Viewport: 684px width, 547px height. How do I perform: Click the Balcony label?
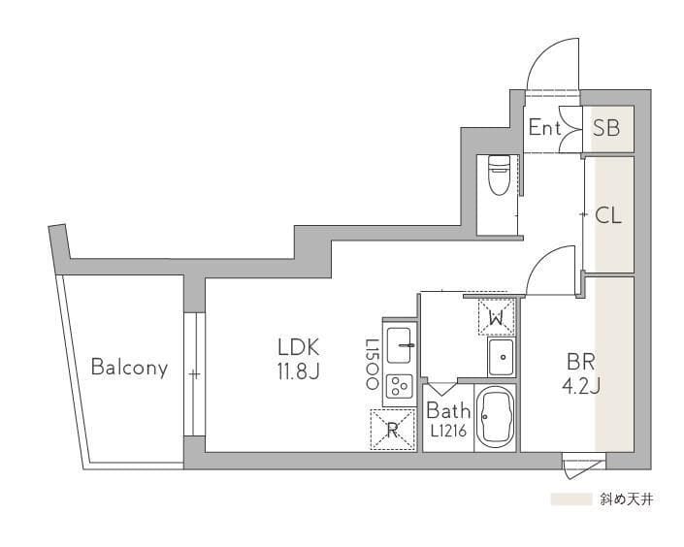[130, 368]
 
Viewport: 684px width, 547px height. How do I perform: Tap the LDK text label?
[299, 347]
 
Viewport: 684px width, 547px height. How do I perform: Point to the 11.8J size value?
[299, 371]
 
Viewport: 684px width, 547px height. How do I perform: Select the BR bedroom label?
[581, 362]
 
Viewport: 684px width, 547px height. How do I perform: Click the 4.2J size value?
[581, 385]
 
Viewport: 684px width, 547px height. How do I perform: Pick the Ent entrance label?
[544, 127]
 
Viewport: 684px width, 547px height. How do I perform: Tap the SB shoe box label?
[606, 128]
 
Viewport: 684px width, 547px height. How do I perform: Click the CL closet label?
[608, 215]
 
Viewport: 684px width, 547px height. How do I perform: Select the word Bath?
[448, 410]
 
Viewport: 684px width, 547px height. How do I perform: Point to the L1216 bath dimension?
[449, 431]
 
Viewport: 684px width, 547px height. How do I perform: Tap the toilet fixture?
[499, 175]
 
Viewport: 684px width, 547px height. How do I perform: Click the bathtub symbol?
[495, 417]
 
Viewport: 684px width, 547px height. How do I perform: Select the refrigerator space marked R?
[392, 430]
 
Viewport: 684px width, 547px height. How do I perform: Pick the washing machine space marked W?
[497, 317]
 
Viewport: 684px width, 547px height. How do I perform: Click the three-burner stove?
[399, 386]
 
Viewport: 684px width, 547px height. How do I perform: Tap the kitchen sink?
[399, 345]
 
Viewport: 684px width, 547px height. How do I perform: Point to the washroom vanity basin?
[503, 357]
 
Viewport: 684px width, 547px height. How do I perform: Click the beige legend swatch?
[571, 499]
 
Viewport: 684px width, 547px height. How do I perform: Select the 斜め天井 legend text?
[626, 499]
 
